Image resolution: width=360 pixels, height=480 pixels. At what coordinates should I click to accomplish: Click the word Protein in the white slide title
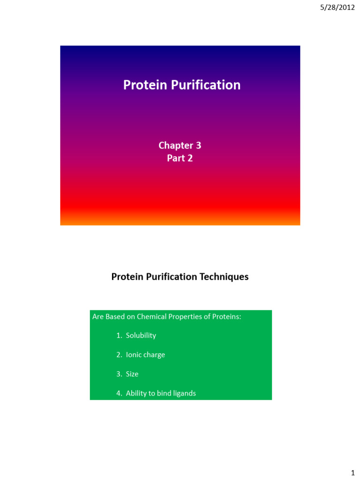click(x=139, y=85)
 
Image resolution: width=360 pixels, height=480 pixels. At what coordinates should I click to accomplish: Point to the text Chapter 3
click(x=180, y=145)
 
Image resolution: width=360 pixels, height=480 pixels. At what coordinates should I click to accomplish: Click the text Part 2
click(x=180, y=158)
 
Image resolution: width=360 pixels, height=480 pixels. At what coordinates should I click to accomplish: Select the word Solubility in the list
click(x=141, y=335)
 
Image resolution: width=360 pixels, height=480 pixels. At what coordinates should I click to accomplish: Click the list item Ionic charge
click(x=145, y=354)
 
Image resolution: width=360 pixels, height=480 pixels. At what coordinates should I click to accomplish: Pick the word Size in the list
click(x=132, y=374)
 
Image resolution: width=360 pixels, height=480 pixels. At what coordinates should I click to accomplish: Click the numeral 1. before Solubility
click(x=119, y=335)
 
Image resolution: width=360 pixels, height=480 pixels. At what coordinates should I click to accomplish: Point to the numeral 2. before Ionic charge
click(x=119, y=354)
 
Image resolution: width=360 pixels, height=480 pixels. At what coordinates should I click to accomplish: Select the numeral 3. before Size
click(x=119, y=374)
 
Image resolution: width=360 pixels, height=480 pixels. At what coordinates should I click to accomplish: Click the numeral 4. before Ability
click(x=119, y=393)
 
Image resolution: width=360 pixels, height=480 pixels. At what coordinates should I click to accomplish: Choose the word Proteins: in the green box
click(x=225, y=316)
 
